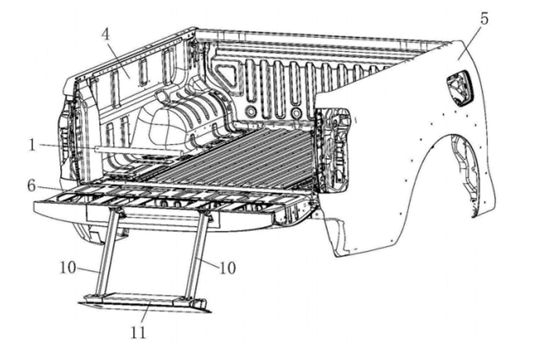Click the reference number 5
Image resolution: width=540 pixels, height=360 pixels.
click(484, 18)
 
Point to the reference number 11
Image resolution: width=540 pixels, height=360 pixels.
click(138, 332)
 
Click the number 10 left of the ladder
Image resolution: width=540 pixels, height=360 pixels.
click(67, 267)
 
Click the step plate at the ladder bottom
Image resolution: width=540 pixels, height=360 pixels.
click(145, 301)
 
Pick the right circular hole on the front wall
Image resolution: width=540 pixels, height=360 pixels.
click(296, 111)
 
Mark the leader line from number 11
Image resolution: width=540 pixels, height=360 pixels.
click(141, 315)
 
